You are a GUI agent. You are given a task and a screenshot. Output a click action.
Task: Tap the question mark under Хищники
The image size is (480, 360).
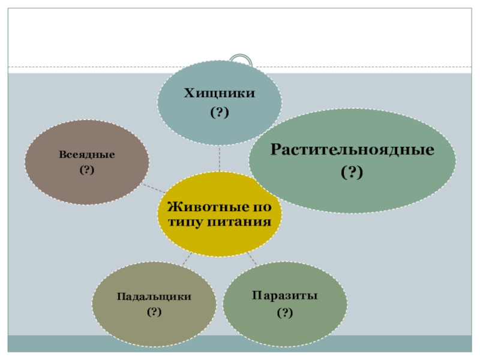click(x=219, y=112)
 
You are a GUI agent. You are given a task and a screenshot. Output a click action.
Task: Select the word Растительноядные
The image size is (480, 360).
click(x=352, y=149)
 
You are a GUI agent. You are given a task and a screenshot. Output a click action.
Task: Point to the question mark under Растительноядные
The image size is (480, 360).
click(x=352, y=173)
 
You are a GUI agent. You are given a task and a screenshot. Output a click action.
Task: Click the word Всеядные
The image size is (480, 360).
click(x=87, y=154)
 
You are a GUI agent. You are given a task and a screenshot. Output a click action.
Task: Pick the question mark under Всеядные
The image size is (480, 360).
click(x=87, y=170)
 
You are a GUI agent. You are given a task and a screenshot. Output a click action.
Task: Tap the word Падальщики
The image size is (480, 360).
click(x=154, y=296)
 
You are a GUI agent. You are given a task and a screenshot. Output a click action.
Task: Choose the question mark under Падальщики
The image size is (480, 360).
click(x=154, y=311)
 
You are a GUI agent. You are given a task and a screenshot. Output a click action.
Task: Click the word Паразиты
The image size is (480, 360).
click(x=285, y=296)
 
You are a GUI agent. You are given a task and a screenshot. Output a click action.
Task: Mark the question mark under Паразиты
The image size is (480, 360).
click(x=285, y=313)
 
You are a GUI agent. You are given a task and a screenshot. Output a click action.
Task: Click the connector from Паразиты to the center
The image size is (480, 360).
click(x=252, y=259)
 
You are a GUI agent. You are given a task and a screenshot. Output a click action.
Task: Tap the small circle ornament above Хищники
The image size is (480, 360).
click(x=242, y=61)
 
